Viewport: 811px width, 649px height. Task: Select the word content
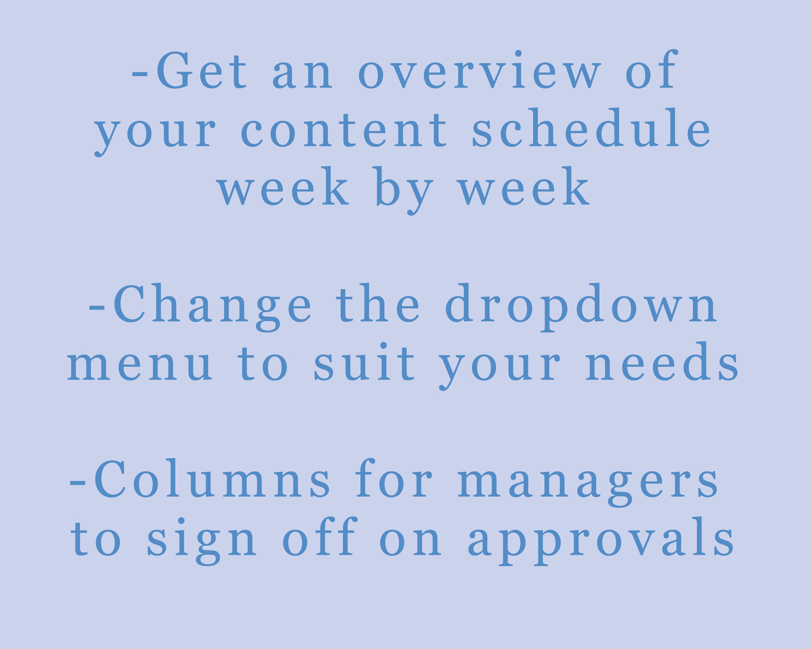coord(344,129)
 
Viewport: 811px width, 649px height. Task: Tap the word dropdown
coord(581,304)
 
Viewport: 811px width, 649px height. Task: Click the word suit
coord(364,363)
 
